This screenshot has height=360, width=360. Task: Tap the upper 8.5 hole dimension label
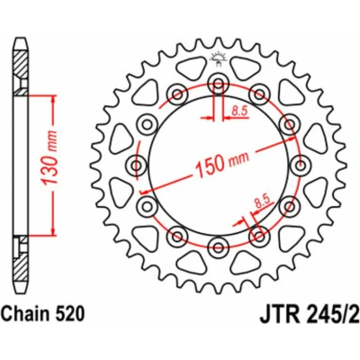[x=239, y=112]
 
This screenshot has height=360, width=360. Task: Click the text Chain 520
[x=43, y=315]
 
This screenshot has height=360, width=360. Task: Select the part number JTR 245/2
[x=309, y=314]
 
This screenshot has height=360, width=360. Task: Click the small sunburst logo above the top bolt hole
[x=218, y=58]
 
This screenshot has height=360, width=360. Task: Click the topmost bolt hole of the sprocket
[x=219, y=83]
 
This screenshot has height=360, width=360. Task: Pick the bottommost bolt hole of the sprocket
[x=219, y=247]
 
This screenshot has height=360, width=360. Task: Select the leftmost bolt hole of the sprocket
[x=137, y=165]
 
